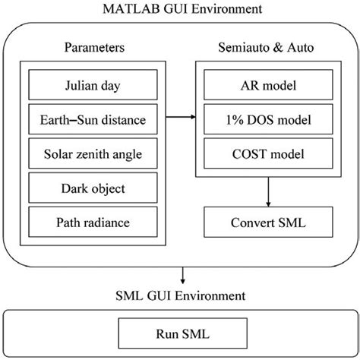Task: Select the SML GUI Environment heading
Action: (x=180, y=292)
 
